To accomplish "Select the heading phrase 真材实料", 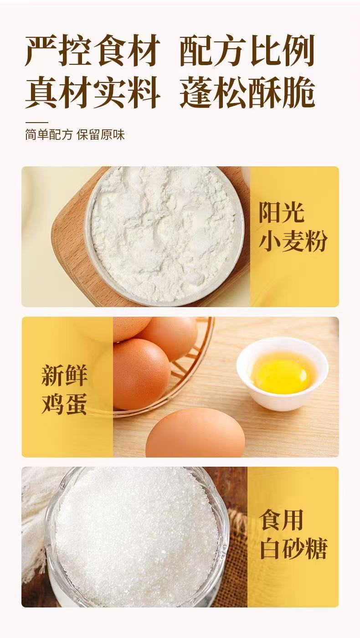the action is pyautogui.click(x=92, y=92).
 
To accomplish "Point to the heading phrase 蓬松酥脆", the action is pyautogui.click(x=247, y=92).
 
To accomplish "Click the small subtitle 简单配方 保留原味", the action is pyautogui.click(x=75, y=135).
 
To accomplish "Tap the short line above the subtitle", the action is pyautogui.click(x=36, y=123).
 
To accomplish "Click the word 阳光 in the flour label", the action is pyautogui.click(x=282, y=212).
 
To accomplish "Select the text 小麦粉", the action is pyautogui.click(x=293, y=241).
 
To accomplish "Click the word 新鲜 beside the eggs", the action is pyautogui.click(x=64, y=375).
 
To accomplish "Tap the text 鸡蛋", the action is pyautogui.click(x=64, y=404).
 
